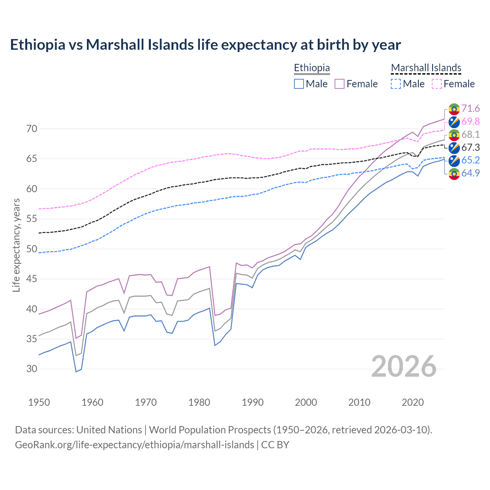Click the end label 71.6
[x=470, y=109]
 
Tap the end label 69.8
[x=470, y=122]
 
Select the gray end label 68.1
[x=470, y=135]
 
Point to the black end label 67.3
[x=470, y=148]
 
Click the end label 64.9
[x=470, y=173]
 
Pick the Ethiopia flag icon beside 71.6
[x=454, y=109]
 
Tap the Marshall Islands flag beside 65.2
[x=454, y=161]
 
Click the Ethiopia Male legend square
[x=299, y=84]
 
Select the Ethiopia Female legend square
[x=340, y=84]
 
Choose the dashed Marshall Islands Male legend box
[x=396, y=84]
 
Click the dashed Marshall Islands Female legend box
[x=437, y=84]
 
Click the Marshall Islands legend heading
[x=426, y=68]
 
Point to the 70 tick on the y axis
[x=32, y=129]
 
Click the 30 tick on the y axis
[x=32, y=369]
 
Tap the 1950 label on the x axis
[x=39, y=402]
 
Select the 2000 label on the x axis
[x=306, y=402]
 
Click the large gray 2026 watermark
[x=403, y=366]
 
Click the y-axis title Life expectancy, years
[x=16, y=245]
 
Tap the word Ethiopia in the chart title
[x=38, y=45]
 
